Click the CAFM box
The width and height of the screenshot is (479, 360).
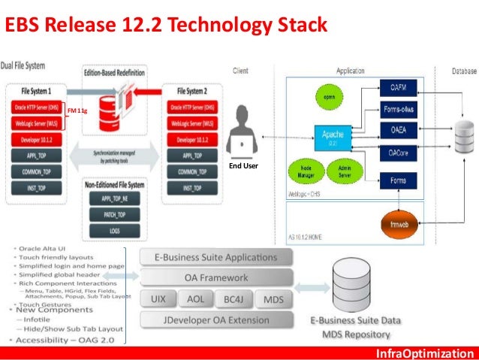398,89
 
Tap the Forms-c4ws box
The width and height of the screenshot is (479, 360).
398,110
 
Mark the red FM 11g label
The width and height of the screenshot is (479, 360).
77,111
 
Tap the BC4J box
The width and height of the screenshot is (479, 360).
230,299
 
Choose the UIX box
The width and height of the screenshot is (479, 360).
158,299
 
